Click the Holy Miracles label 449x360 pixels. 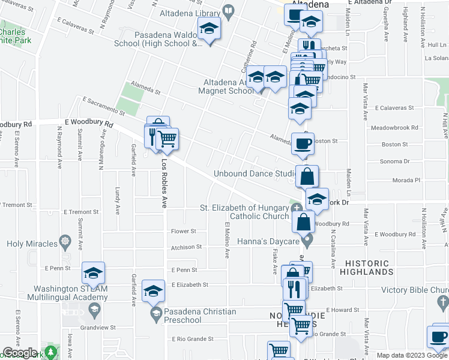32,244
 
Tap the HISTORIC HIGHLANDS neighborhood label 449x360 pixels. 366,268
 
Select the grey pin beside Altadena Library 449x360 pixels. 228,11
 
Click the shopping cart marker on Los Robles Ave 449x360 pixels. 167,139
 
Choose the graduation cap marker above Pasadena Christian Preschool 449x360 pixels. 154,292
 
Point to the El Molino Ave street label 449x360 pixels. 228,240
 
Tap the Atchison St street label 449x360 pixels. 186,247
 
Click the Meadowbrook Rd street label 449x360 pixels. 394,128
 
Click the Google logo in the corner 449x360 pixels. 20,353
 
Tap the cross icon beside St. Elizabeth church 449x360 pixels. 297,208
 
